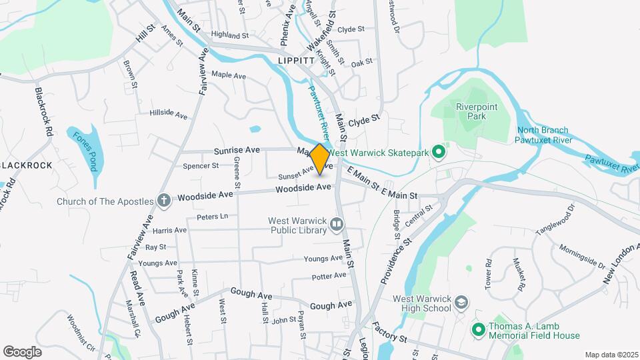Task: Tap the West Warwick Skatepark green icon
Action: tap(439, 153)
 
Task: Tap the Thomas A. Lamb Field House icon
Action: tap(478, 330)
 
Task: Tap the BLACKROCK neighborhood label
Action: tap(27, 165)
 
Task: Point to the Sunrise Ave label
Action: tap(237, 151)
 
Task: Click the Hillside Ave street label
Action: tap(169, 114)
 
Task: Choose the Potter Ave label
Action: tap(329, 275)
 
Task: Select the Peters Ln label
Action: tap(212, 217)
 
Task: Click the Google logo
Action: tap(22, 351)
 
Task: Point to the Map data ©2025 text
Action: tap(610, 355)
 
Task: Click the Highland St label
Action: tap(229, 35)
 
